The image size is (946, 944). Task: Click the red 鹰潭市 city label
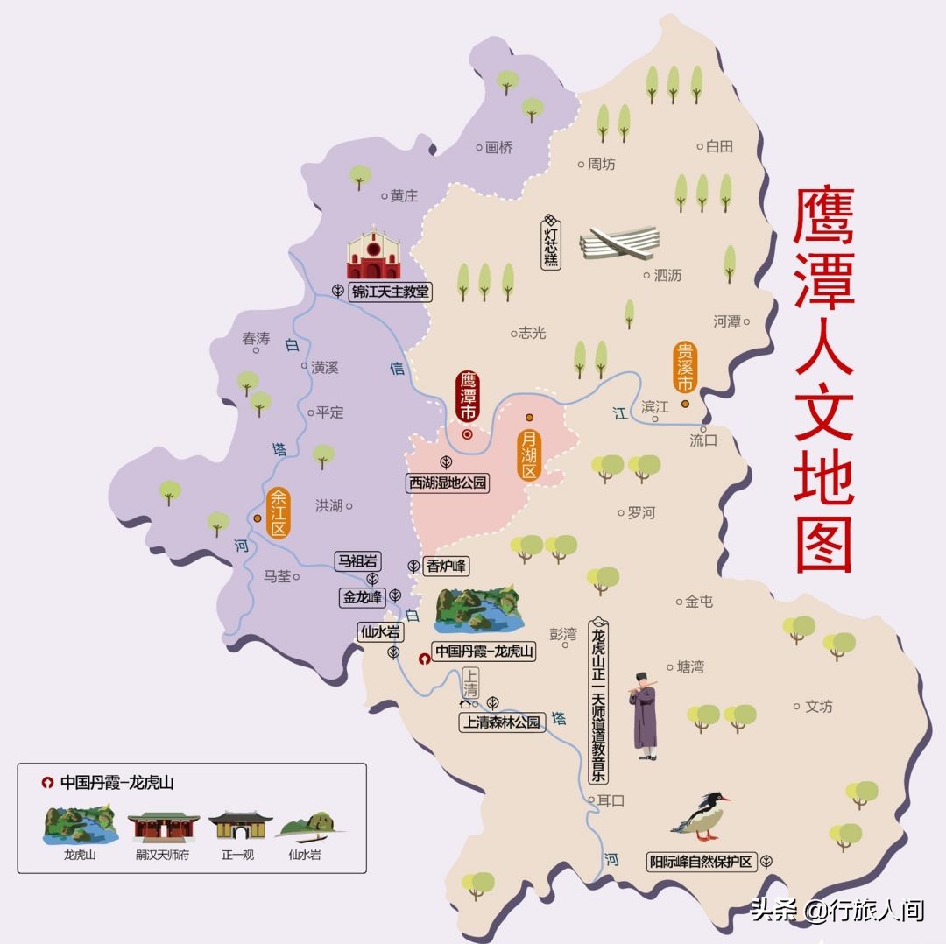click(469, 398)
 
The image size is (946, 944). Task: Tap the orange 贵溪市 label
click(684, 368)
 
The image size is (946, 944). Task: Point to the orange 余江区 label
click(279, 512)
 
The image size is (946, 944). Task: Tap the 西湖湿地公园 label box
click(447, 483)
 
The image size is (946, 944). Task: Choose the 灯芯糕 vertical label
click(551, 241)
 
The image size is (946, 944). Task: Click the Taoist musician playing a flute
click(646, 714)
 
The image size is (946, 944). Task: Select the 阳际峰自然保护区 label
click(701, 861)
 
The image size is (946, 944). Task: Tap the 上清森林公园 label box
click(503, 722)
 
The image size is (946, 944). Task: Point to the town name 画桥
click(498, 147)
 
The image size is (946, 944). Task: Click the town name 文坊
click(818, 706)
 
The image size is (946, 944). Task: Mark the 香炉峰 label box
click(447, 567)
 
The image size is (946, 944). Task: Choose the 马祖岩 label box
click(357, 560)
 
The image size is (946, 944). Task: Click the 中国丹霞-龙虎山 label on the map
click(484, 652)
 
